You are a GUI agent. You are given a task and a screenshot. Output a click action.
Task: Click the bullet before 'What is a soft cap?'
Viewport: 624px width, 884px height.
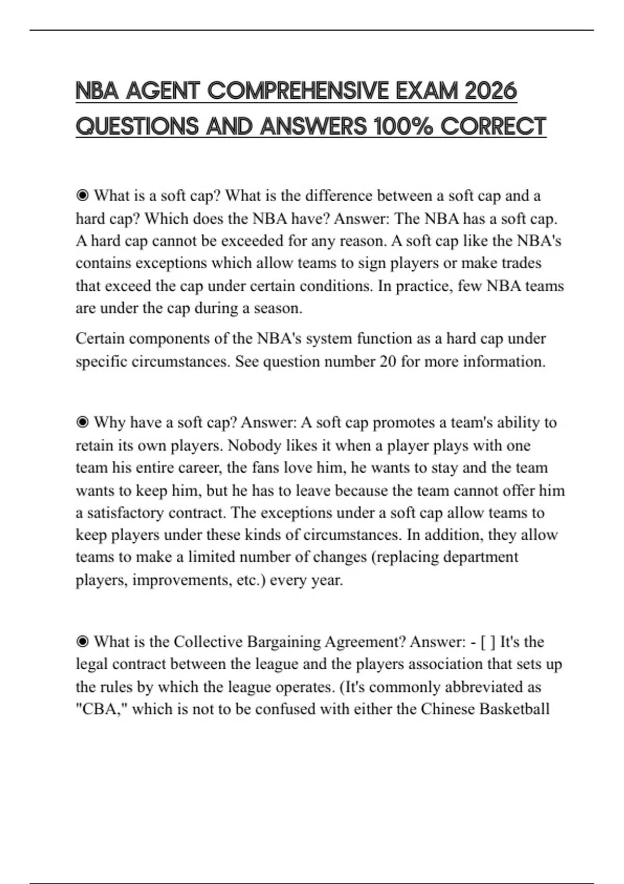(x=82, y=196)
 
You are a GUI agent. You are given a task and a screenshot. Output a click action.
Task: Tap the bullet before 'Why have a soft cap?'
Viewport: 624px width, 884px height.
(x=82, y=422)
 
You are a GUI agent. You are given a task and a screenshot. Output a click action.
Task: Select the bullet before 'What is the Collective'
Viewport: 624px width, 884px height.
(x=82, y=642)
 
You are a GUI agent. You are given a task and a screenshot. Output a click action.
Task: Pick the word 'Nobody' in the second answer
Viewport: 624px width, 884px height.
(x=252, y=446)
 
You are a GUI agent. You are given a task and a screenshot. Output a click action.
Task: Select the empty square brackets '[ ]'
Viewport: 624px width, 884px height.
(x=488, y=642)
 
